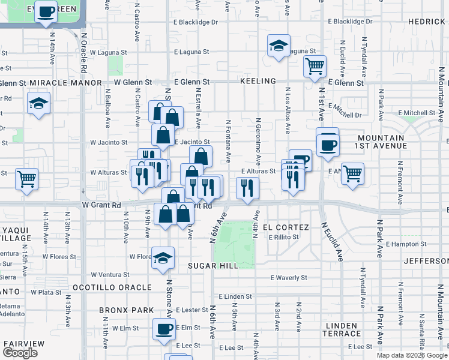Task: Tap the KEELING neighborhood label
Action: coord(258,81)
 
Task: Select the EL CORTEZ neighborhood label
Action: coord(290,227)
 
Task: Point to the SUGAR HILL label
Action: coord(212,266)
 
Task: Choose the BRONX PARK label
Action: coord(126,311)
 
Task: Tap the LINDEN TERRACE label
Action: coord(343,329)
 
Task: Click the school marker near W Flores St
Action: coord(163,258)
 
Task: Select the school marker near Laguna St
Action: coord(279,46)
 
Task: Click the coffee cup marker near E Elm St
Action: coord(164,329)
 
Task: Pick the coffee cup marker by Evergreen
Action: coord(46,11)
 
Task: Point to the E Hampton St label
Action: coord(406,244)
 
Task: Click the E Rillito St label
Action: coord(284,237)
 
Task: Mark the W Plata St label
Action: coord(46,292)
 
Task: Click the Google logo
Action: coord(20,353)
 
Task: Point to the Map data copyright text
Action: coord(412,355)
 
